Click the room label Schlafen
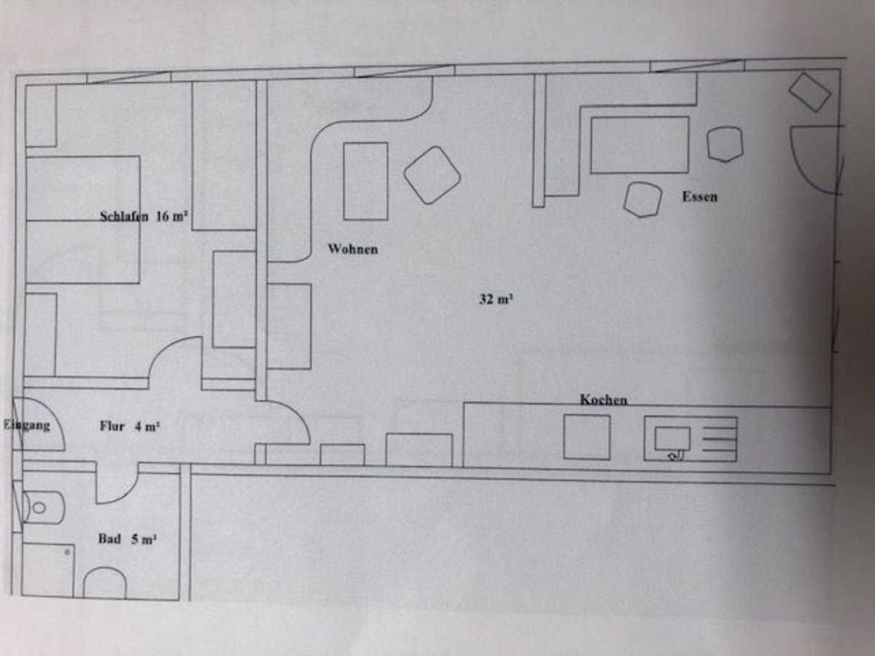point(125,216)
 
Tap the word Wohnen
point(353,249)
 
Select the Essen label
point(699,196)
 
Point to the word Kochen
point(603,399)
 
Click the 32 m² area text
point(497,298)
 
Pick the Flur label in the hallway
point(113,427)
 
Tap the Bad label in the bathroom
point(109,539)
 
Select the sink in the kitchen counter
point(672,438)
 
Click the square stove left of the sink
point(586,437)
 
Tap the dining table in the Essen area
point(639,145)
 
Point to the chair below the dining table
point(642,199)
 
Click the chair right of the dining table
point(724,144)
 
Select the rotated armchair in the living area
point(432,175)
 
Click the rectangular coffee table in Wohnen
point(365,181)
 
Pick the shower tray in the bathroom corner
point(47,569)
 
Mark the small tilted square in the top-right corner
point(810,92)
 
